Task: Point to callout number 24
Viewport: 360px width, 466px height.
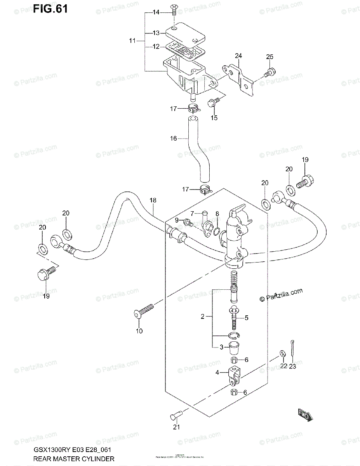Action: click(238, 56)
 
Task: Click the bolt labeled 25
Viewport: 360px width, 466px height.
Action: click(271, 72)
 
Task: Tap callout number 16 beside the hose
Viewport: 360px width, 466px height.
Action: click(173, 138)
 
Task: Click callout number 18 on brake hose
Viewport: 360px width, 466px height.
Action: click(153, 200)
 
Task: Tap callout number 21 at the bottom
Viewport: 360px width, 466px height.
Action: click(177, 428)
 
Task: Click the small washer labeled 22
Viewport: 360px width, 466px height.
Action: click(281, 353)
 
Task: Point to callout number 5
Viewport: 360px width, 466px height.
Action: click(246, 318)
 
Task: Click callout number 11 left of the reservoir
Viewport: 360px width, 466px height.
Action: click(132, 40)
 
